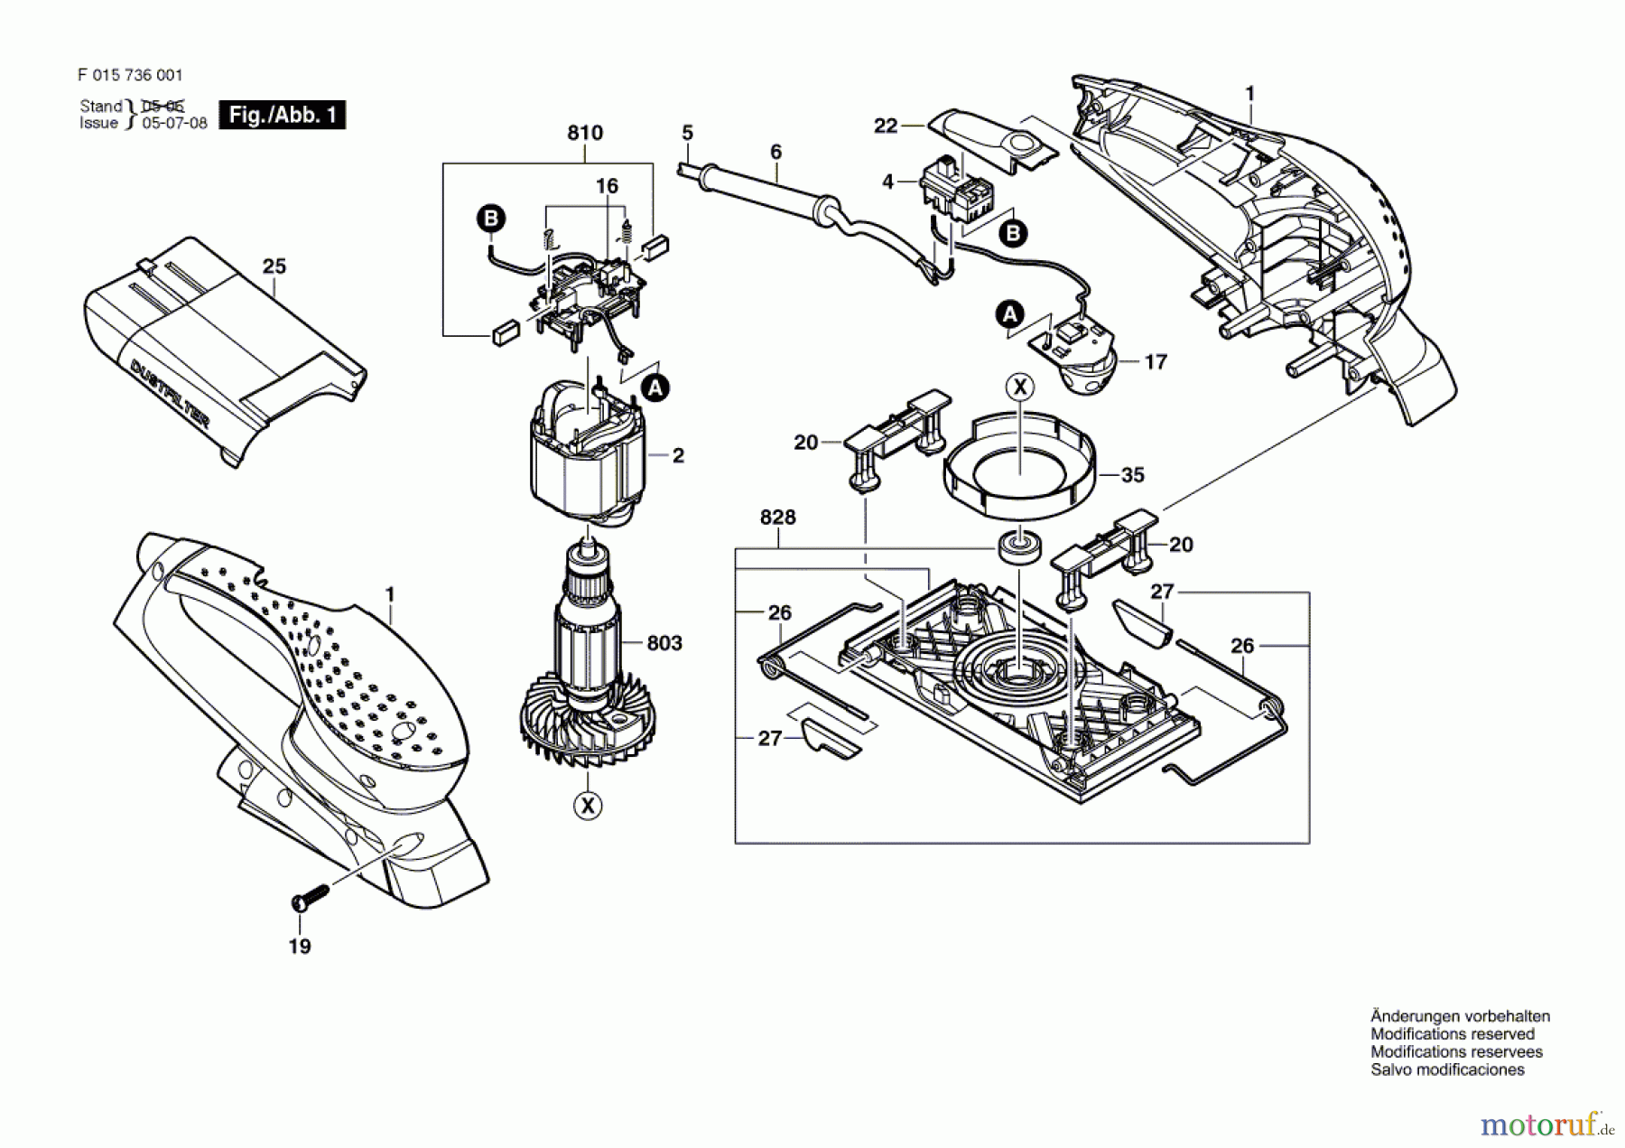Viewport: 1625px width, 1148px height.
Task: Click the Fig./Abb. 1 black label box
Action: pos(283,115)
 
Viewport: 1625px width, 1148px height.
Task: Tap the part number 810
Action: pos(584,133)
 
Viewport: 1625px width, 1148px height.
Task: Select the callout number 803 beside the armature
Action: pos(664,643)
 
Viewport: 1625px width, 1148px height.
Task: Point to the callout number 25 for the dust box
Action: pos(274,266)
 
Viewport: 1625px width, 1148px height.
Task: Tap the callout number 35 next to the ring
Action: pos(1132,474)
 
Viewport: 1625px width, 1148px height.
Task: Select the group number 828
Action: pos(777,517)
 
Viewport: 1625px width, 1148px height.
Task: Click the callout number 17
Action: pos(1156,362)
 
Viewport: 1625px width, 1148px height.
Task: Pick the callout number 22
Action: pos(886,126)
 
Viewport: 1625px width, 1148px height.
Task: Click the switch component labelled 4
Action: pos(956,190)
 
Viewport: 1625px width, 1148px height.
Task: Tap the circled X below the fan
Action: pos(588,806)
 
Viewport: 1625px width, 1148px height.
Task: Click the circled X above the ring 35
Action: pos(1020,387)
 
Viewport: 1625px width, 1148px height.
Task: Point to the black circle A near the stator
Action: pos(655,388)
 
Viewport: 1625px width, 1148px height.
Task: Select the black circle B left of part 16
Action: pos(491,219)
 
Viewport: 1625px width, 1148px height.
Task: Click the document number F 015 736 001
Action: pos(130,75)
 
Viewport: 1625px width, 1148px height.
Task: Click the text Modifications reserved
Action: pos(1453,1034)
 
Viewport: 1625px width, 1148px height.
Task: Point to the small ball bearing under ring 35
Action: pos(1020,546)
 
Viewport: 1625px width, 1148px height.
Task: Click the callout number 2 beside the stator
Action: pos(678,456)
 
